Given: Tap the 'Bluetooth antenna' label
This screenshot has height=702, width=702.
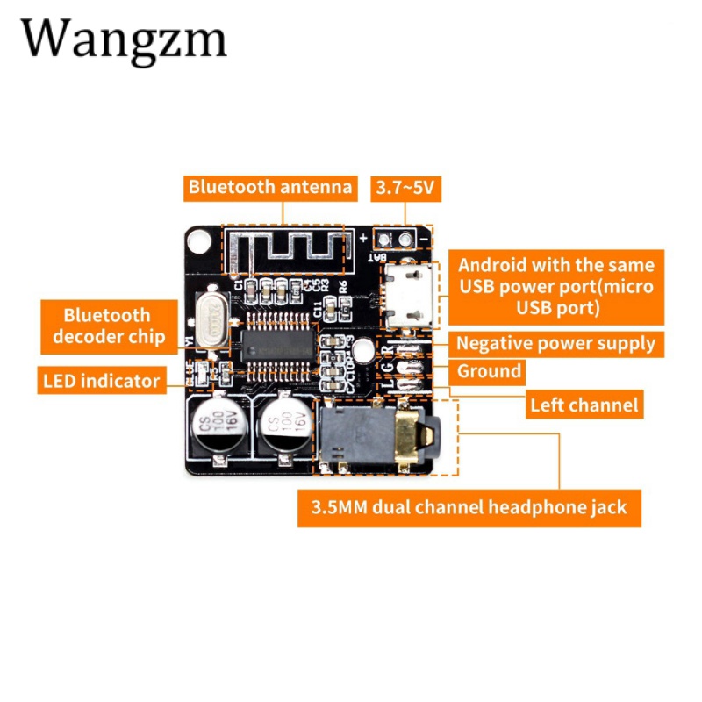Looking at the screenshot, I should point(270,186).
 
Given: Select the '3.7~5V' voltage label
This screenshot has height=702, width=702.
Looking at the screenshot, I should point(406,187).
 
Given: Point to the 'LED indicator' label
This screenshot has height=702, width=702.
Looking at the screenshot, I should point(102,380).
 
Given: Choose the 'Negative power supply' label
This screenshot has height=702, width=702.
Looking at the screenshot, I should point(555,343).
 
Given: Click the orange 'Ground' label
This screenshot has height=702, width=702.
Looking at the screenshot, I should point(489,371).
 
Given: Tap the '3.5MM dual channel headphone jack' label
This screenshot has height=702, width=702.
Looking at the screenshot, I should point(469,506).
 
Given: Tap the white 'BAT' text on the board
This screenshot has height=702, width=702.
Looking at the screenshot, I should point(379,256).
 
